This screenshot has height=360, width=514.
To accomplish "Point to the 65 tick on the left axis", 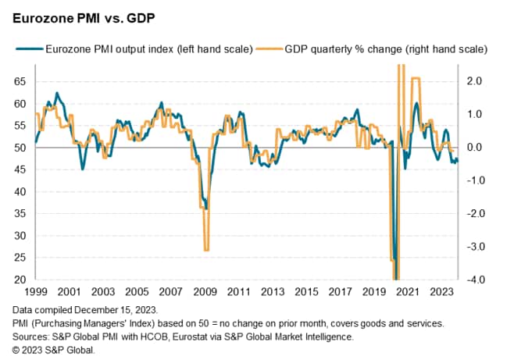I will click(x=20, y=81).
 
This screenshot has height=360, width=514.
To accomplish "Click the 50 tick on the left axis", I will click(x=20, y=148).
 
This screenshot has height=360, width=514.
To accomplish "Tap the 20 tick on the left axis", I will click(x=20, y=280).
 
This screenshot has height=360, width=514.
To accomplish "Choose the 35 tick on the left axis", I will click(x=20, y=213).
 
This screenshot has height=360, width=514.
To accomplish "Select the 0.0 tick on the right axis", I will click(x=474, y=148).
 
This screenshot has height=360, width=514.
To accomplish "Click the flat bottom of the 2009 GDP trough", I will click(x=206, y=250).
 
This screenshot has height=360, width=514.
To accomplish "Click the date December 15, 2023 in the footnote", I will click(x=112, y=311).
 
